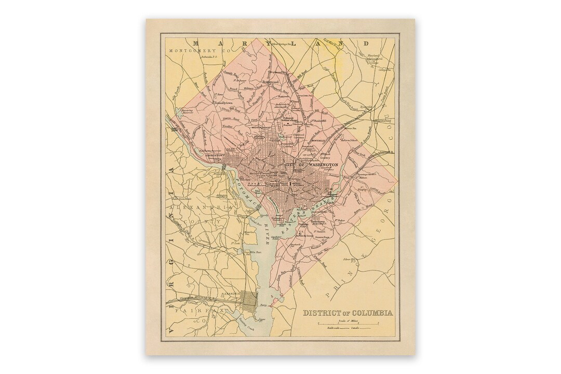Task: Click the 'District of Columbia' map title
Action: click(348, 313)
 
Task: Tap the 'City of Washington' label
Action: click(312, 165)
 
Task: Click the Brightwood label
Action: click(271, 82)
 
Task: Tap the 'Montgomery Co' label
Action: click(199, 50)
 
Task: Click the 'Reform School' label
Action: click(349, 140)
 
